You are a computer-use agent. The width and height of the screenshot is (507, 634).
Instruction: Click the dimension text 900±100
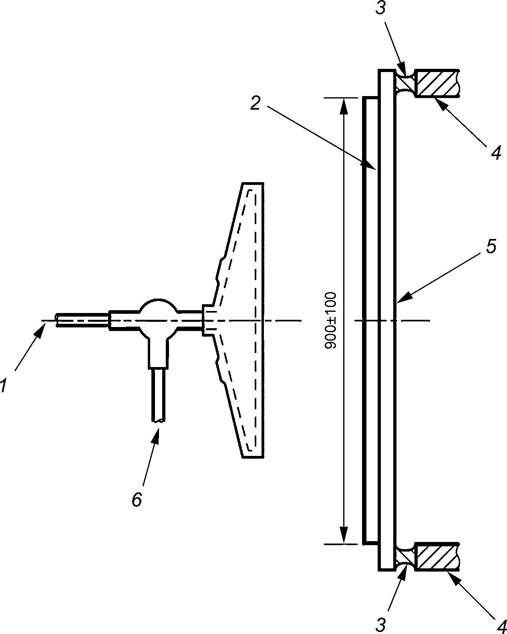pos(330,320)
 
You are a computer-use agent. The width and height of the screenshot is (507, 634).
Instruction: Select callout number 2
pos(255,103)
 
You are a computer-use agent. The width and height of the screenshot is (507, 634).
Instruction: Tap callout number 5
pos(491,246)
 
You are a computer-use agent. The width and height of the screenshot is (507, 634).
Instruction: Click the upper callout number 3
pos(380,8)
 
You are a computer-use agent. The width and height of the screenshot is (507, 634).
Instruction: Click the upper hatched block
pos(437,83)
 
